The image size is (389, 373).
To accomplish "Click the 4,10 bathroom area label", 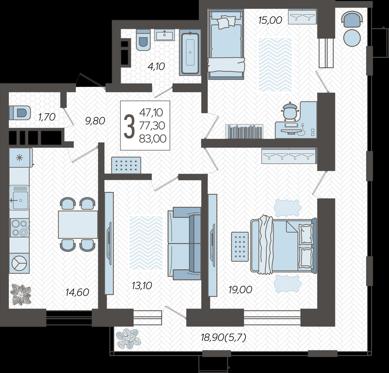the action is tap(156, 67).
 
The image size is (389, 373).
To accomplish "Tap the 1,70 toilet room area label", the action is tap(47, 117).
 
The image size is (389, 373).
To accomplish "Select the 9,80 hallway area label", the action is tap(95, 121).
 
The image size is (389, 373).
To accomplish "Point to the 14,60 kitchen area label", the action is tap(77, 292).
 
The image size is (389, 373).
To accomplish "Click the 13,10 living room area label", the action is tap(141, 286).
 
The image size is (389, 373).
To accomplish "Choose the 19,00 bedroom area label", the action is tap(240, 289).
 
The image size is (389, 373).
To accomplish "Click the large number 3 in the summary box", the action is tap(129, 126).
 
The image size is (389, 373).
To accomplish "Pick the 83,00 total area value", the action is tap(153, 139).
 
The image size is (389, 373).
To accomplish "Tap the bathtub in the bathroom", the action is tap(190, 53).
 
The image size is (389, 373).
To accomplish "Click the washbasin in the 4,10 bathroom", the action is tap(164, 34).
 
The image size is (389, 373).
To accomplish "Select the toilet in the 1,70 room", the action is tap(20, 113).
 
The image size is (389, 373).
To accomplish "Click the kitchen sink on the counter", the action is tap(19, 198).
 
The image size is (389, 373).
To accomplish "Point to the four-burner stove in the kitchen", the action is tap(19, 227).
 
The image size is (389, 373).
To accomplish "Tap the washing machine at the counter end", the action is tap(19, 263).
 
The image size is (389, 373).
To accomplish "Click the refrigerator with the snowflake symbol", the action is tap(20, 158).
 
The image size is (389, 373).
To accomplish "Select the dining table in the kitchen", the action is tap(78, 224).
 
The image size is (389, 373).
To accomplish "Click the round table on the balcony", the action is tap(352, 38).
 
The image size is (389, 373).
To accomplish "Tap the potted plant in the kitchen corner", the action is tap(21, 294).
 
